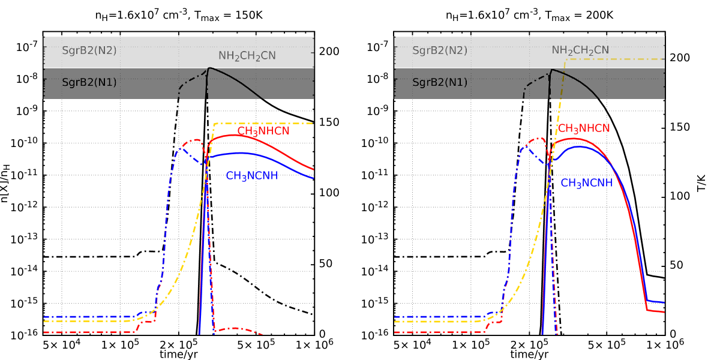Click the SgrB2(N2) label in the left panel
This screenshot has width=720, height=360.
point(89,51)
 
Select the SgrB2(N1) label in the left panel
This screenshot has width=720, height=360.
point(89,83)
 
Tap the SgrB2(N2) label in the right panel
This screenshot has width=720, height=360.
point(440,51)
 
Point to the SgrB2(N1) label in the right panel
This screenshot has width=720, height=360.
point(440,83)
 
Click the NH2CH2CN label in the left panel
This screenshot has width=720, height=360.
point(247,56)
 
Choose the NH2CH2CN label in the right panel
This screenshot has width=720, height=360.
point(580,51)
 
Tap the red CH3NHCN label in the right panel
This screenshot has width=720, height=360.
point(584,129)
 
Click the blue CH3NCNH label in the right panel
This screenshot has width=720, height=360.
point(586,184)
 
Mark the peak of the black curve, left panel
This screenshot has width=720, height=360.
point(208,68)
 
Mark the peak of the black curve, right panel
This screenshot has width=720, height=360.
point(551,70)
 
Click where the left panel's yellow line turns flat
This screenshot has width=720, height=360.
point(215,124)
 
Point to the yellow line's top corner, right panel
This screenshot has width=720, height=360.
point(565,59)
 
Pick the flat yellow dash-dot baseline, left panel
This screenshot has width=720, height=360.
point(84,322)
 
